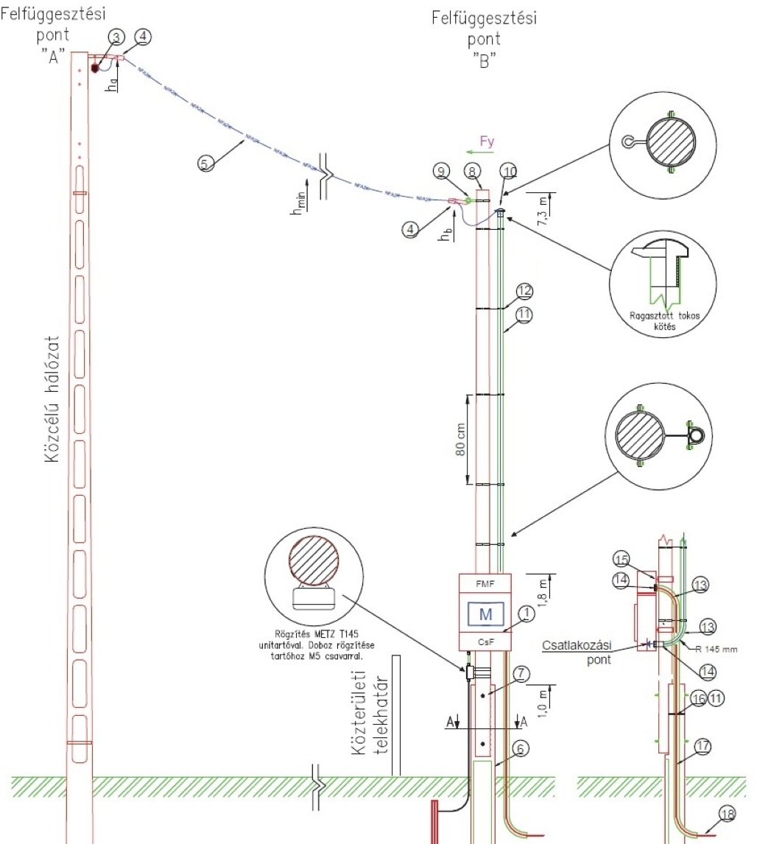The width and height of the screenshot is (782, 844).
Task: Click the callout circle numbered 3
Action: coord(116,36)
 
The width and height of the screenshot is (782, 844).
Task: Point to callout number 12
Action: coord(524,292)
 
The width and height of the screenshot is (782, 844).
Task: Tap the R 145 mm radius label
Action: coord(711,650)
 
